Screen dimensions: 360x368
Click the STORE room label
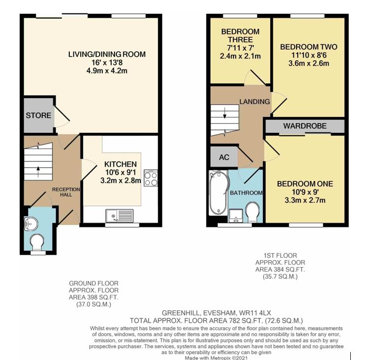pos(38,116)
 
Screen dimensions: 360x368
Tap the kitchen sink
pos(119,215)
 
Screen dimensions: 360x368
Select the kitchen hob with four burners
pos(151,178)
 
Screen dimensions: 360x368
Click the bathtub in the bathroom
pos(217,193)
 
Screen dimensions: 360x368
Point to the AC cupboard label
pos(224,157)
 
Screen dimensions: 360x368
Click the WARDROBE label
pos(305,126)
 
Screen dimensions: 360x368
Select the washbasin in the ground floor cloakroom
pos(31,223)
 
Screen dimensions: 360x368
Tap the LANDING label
pos(254,102)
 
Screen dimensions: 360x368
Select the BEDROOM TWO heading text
pos(308,47)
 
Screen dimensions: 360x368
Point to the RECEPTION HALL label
pos(63,191)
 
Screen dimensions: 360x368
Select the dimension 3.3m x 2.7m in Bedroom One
pos(305,200)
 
